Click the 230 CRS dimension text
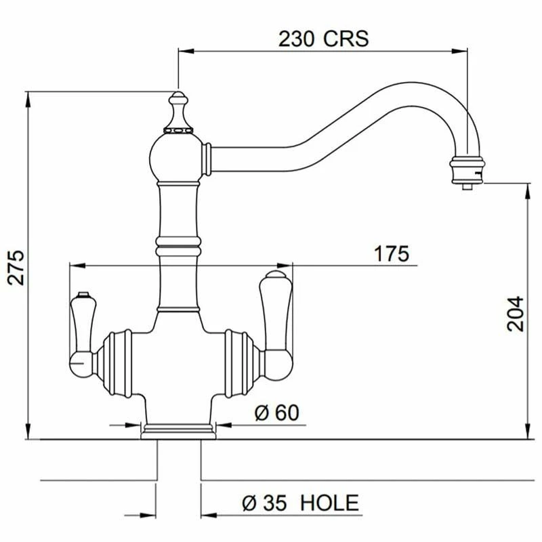pyautogui.click(x=323, y=38)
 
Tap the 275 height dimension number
pyautogui.click(x=18, y=267)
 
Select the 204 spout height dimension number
pyautogui.click(x=516, y=313)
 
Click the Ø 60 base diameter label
pyautogui.click(x=277, y=413)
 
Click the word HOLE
pyautogui.click(x=329, y=503)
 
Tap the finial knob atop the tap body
pyautogui.click(x=178, y=108)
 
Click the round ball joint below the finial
pyautogui.click(x=178, y=154)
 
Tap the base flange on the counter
pyautogui.click(x=178, y=430)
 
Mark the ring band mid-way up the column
pyautogui.click(x=178, y=242)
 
